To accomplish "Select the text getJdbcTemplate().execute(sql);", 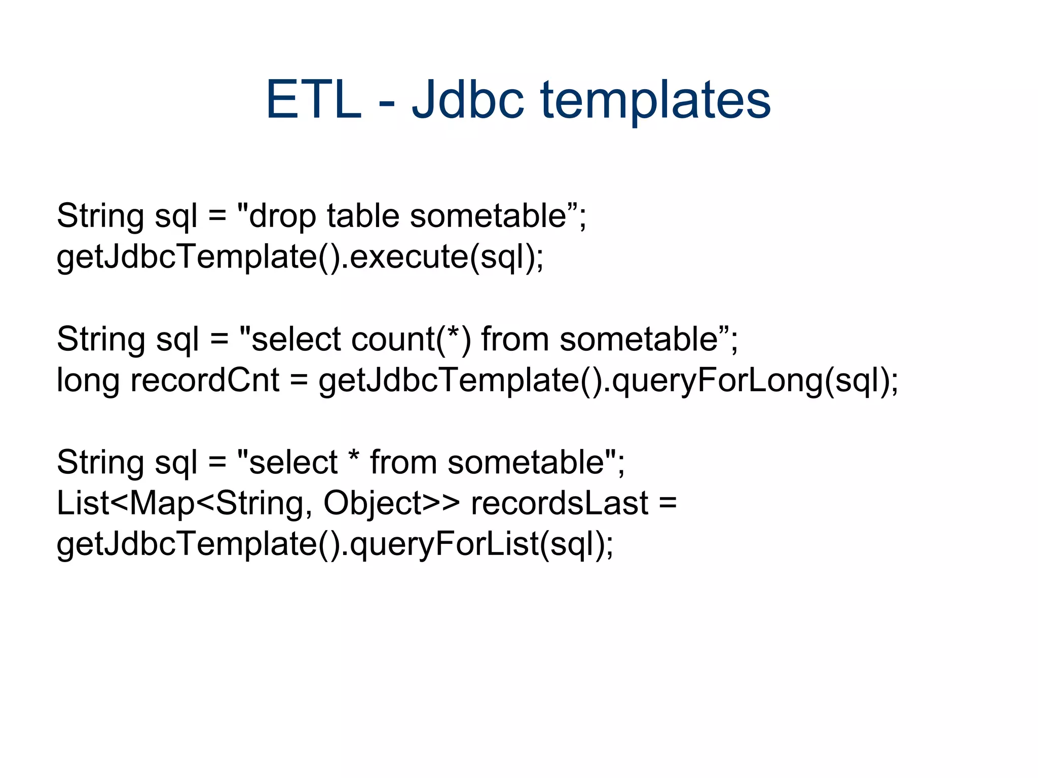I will coord(300,257).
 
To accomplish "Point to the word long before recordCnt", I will coord(88,381).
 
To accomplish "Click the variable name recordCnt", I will coord(205,380).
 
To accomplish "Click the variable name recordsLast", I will coord(560,503).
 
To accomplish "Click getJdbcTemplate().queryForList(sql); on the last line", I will coord(335,545).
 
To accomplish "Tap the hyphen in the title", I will coord(386,103).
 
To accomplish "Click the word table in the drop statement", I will coord(363,216).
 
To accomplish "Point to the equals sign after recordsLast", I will coord(668,503).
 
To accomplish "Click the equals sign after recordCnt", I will coord(299,381).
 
